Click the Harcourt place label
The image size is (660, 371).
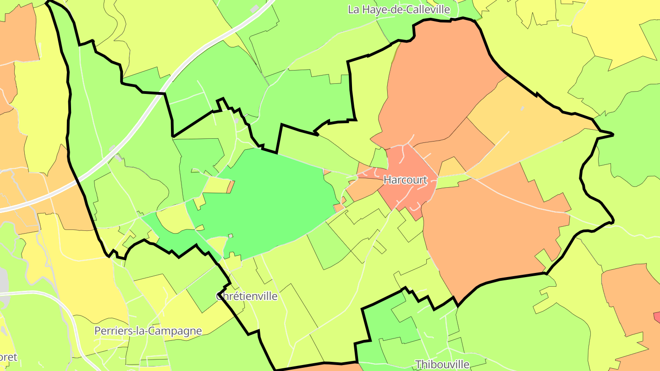click(x=405, y=180)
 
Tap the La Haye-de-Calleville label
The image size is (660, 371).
click(x=399, y=9)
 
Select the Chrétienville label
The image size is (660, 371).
click(x=247, y=296)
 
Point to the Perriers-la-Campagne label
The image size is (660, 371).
click(x=148, y=331)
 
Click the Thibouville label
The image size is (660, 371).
click(x=442, y=365)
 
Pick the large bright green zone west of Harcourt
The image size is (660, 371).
click(x=270, y=197)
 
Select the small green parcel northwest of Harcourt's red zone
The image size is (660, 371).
click(x=379, y=158)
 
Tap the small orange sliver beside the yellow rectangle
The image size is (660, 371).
click(x=231, y=186)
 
